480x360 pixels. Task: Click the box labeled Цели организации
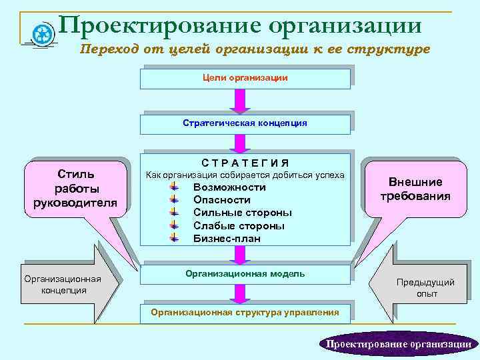[245, 79]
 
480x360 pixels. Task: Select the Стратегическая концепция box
[245, 123]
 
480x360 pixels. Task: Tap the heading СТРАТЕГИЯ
[245, 163]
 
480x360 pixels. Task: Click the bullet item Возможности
[229, 187]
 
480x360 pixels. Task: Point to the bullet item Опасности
[221, 200]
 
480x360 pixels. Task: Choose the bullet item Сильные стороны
[242, 213]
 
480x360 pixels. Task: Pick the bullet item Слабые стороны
[239, 226]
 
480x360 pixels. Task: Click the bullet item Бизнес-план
[227, 239]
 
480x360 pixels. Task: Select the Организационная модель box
[245, 274]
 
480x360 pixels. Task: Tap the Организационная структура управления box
[245, 313]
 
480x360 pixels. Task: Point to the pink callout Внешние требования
[415, 189]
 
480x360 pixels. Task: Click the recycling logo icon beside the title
[43, 33]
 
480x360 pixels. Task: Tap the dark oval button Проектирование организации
[398, 344]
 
